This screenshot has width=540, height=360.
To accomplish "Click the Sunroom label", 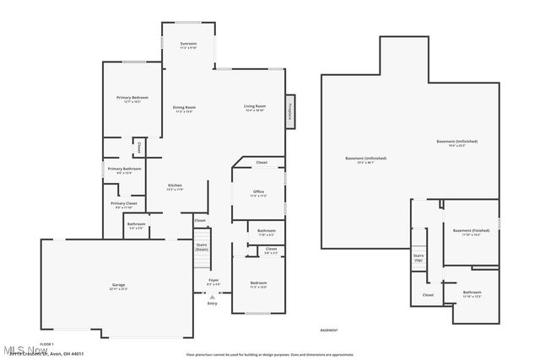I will (188, 44).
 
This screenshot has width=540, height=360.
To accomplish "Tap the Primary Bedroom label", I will (132, 98).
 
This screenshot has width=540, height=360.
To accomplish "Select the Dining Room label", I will (185, 107).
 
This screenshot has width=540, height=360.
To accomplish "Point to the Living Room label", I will (255, 106).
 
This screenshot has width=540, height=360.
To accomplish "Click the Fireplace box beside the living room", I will (289, 111).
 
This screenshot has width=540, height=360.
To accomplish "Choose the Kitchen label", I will (175, 185).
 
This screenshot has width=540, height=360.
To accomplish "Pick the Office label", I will (258, 192).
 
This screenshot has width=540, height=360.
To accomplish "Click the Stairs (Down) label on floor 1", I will (202, 247).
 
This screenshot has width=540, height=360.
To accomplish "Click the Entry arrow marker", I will (213, 298).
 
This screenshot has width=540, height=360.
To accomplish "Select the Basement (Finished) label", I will (471, 231).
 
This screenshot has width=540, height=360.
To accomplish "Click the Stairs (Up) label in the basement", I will (418, 256).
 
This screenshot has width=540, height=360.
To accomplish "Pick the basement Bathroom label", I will (472, 293).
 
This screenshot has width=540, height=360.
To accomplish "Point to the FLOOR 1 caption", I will (46, 344).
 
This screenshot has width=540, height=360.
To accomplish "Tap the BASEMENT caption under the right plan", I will (329, 330).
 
